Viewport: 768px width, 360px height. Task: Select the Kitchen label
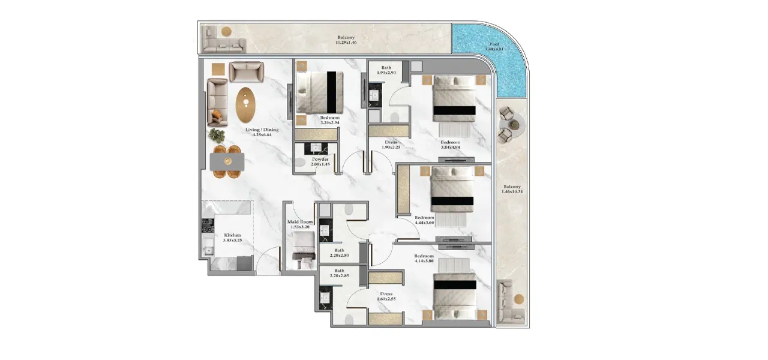pyautogui.click(x=233, y=235)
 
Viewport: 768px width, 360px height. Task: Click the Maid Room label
pyautogui.click(x=300, y=222)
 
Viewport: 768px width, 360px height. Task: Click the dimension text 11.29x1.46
pyautogui.click(x=350, y=43)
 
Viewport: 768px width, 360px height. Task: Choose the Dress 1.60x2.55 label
pyautogui.click(x=386, y=295)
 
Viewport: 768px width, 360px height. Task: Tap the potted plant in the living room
pyautogui.click(x=217, y=135)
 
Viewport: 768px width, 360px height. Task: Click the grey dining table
pyautogui.click(x=227, y=161)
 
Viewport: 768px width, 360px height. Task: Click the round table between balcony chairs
pyautogui.click(x=514, y=124)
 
